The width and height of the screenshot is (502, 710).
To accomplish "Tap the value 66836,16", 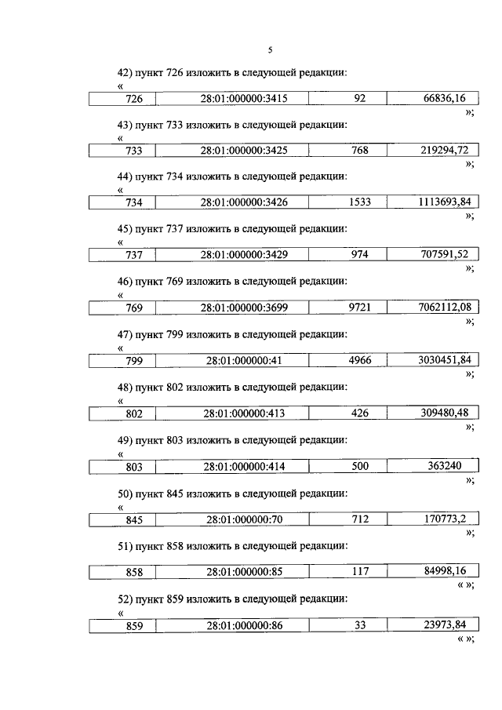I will pyautogui.click(x=443, y=98).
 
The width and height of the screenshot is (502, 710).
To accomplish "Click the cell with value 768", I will pyautogui.click(x=360, y=151).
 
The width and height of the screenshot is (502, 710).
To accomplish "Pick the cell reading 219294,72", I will pyautogui.click(x=443, y=150).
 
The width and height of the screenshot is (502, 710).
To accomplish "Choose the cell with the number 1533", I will pyautogui.click(x=360, y=202).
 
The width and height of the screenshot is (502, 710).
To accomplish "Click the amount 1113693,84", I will pyautogui.click(x=443, y=202).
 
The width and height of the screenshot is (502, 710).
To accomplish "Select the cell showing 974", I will pyautogui.click(x=360, y=255).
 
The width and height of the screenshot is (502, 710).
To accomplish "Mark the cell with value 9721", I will pyautogui.click(x=360, y=308).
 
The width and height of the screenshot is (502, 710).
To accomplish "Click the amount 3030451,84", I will pyautogui.click(x=443, y=359).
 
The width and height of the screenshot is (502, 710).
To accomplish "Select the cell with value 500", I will pyautogui.click(x=360, y=466).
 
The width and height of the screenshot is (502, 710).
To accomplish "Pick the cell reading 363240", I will pyautogui.click(x=443, y=466).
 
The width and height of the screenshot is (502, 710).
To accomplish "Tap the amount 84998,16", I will pyautogui.click(x=443, y=571).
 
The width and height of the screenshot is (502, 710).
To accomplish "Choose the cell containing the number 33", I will pyautogui.click(x=360, y=625).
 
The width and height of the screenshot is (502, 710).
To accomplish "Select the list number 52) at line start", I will pyautogui.click(x=123, y=599).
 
